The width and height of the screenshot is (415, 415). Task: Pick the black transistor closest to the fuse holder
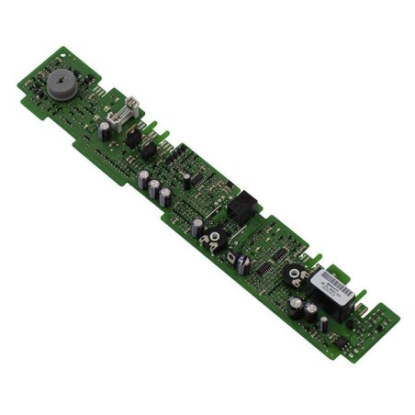133,138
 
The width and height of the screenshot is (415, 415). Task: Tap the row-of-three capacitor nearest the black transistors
144,178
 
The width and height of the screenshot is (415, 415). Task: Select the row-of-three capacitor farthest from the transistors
165,196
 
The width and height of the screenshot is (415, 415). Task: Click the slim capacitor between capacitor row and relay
186,181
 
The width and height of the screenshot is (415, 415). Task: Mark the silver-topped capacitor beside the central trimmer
198,225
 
